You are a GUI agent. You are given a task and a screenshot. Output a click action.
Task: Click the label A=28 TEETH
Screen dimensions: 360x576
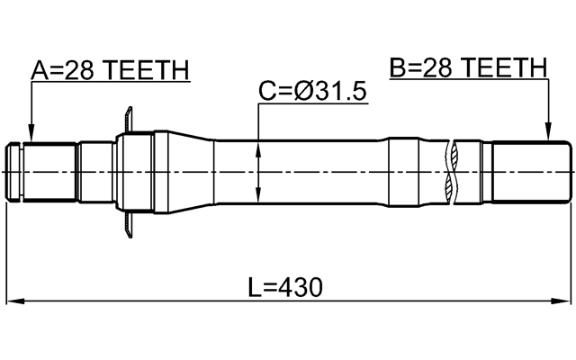point(110,69)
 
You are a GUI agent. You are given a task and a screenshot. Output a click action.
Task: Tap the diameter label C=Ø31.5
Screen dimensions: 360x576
point(312,92)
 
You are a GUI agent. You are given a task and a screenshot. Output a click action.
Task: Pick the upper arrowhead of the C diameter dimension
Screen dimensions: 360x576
point(258,145)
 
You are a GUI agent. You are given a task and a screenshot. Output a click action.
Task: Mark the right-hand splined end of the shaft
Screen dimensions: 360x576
point(531,171)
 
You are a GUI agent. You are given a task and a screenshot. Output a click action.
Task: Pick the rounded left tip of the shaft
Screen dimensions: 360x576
point(13,171)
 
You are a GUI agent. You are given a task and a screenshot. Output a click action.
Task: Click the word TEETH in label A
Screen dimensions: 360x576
point(148,69)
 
